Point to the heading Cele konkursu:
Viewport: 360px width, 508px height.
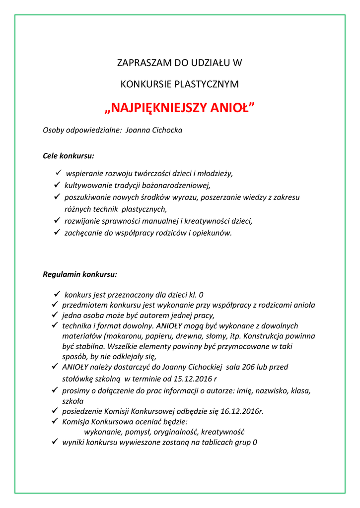click(69, 156)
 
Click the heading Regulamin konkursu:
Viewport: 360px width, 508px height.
click(80, 274)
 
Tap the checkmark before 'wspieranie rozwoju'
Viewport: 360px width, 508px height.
click(58, 173)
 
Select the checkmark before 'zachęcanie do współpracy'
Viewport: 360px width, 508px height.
click(57, 233)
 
